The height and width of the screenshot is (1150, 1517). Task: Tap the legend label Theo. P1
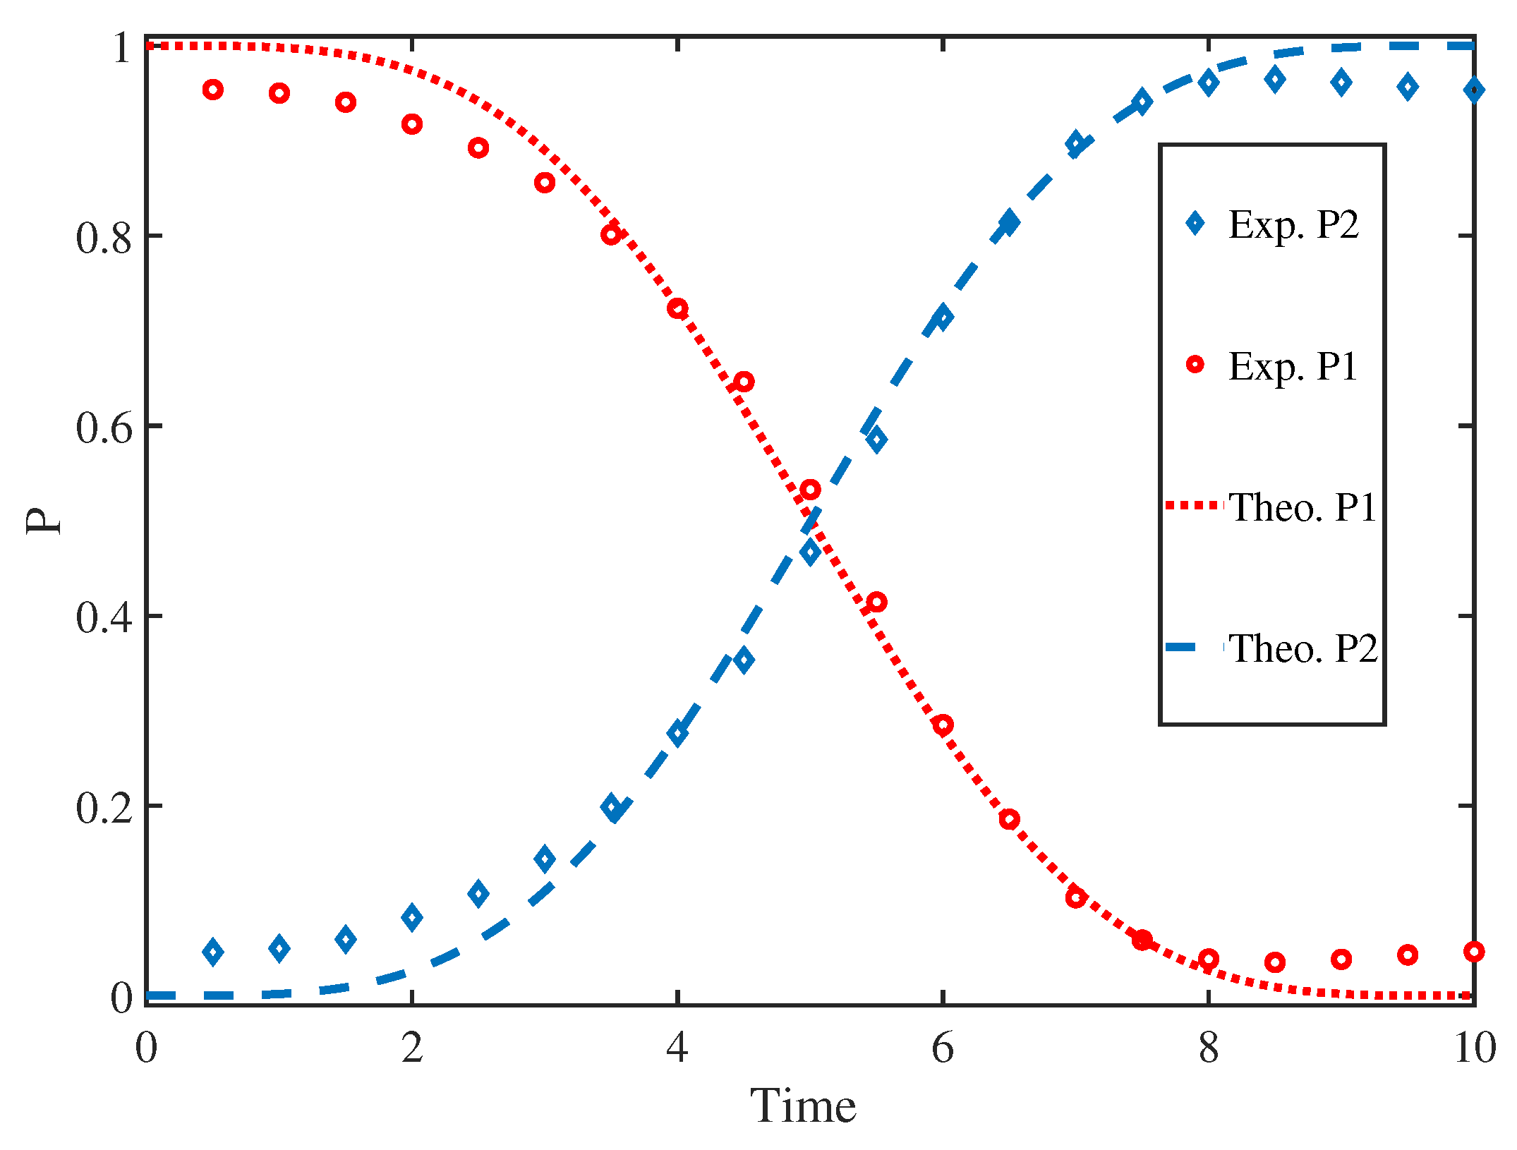tap(1303, 507)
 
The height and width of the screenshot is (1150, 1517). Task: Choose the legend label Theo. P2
tap(1303, 648)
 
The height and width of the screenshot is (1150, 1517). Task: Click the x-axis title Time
tap(803, 1106)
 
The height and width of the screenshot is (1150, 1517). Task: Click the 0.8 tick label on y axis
tap(104, 237)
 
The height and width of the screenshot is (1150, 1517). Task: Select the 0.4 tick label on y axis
tap(104, 617)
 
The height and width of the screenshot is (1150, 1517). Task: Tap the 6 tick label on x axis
tap(943, 1048)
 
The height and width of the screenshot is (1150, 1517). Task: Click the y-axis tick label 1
tap(121, 48)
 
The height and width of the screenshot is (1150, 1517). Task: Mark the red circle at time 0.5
tap(213, 90)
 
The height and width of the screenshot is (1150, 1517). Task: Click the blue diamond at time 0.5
tap(213, 952)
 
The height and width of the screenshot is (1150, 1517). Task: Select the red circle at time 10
tap(1473, 951)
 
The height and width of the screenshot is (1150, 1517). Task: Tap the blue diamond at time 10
tap(1473, 90)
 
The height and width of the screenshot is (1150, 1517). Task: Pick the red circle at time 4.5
tap(744, 382)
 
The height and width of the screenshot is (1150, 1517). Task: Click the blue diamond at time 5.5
tap(876, 440)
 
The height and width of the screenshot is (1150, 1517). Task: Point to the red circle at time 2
tap(412, 124)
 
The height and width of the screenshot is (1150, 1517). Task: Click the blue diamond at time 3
tap(545, 859)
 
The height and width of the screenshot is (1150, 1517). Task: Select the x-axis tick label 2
tap(412, 1048)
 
